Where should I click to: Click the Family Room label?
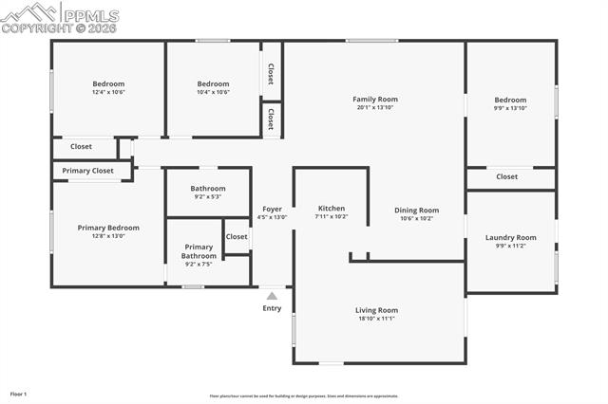374,99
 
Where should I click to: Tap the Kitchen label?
331,208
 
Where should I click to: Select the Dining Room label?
416,210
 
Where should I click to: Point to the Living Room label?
376,310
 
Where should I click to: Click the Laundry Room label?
510,237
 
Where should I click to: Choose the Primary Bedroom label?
108,228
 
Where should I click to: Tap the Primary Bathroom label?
199,251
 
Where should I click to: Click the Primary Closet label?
87,171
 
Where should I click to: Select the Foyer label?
272,208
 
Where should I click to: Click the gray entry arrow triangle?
272,296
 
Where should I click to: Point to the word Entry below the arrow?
272,308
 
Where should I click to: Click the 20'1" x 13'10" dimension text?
374,107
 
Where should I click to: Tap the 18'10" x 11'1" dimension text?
376,319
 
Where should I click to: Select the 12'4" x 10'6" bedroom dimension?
108,92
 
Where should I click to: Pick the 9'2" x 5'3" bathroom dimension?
207,196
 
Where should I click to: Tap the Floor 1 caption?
18,394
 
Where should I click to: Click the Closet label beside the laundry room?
506,176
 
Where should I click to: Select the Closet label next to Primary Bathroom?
237,237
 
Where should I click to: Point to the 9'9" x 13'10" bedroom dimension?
510,108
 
